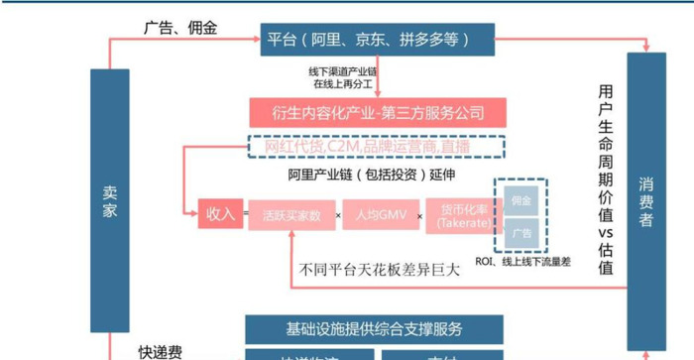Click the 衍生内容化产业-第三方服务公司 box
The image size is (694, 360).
pos(377,111)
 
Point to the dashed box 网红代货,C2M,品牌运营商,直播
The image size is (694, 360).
pos(377,146)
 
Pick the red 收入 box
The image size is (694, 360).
pos(219,214)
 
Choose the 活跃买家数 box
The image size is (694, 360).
pos(291,215)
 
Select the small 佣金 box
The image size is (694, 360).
pos(520,200)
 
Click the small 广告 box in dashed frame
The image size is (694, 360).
pos(520,233)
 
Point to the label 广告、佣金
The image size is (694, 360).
pos(180,27)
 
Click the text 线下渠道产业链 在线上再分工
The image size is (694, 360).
pos(343,78)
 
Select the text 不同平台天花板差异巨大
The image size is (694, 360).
pos(380,268)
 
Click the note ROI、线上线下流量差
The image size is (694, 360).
pos(522,263)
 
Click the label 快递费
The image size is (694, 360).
pos(160,352)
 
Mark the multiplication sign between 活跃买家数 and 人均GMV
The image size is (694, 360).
pos(337,215)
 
